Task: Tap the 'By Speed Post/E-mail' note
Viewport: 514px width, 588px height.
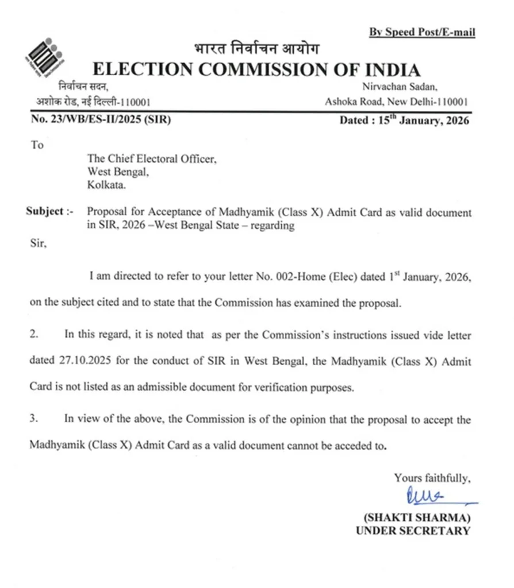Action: coord(422,32)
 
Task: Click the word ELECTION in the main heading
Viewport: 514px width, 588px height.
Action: coord(142,70)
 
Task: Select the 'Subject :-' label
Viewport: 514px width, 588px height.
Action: coord(49,211)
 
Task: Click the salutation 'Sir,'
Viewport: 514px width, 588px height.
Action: coord(37,243)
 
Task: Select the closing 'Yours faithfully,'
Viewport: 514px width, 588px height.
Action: coord(432,478)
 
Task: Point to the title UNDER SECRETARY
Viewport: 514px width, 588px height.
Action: coord(412,531)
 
